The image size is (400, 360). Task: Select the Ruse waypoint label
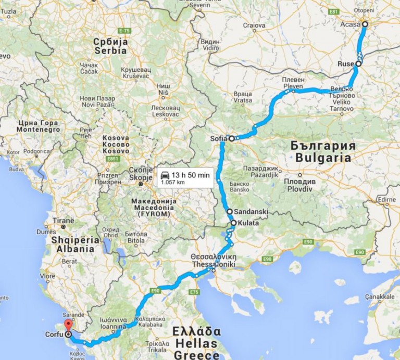[345, 63]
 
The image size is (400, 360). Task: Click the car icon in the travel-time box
[165, 174]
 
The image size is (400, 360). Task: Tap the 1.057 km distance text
[173, 182]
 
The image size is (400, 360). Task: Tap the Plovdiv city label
[300, 185]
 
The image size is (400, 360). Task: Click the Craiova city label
[254, 25]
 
